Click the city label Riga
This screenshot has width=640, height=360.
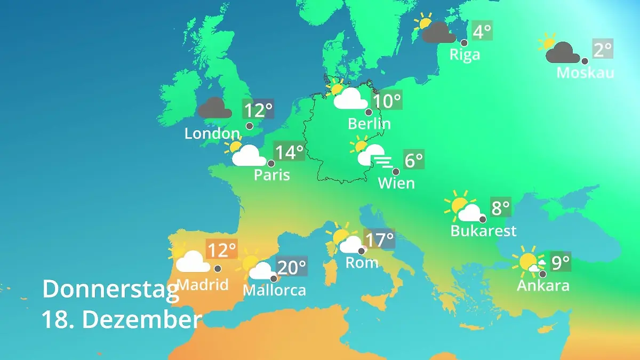click(x=465, y=54)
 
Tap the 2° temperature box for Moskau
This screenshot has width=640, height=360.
click(x=603, y=50)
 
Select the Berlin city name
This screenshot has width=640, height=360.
click(x=369, y=124)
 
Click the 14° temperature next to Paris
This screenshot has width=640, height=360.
click(x=289, y=152)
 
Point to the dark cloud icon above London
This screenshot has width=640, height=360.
click(x=215, y=108)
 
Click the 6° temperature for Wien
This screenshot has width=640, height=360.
click(x=414, y=160)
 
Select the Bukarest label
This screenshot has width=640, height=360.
click(x=483, y=231)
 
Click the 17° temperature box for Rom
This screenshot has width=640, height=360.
click(x=379, y=239)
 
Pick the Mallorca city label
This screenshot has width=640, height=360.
click(x=274, y=290)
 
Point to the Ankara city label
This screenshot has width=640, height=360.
click(x=543, y=285)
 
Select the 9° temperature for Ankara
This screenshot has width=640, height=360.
click(x=561, y=262)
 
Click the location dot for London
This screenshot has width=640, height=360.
click(x=250, y=126)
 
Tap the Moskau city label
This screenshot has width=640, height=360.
click(x=585, y=72)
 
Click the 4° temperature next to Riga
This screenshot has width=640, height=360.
click(x=482, y=31)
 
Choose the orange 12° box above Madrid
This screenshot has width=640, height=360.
click(x=221, y=250)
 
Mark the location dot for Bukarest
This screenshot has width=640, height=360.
click(x=482, y=219)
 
